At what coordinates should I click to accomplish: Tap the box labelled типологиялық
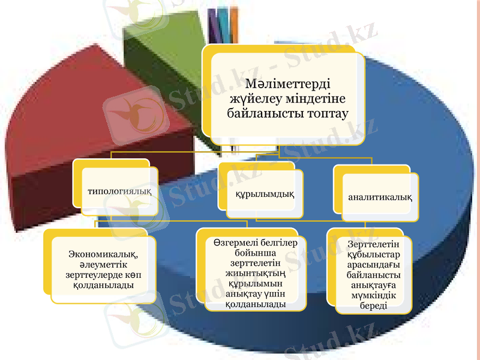(119, 191)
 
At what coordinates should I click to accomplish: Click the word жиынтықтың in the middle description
(254, 273)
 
